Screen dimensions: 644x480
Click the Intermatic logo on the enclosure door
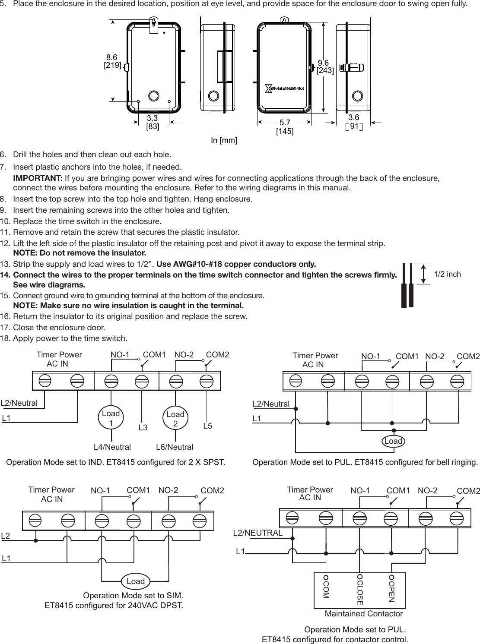(x=284, y=88)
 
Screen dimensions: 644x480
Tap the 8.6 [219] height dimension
(x=112, y=61)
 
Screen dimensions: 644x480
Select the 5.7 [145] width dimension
(x=285, y=126)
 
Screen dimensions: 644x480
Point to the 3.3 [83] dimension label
(x=152, y=122)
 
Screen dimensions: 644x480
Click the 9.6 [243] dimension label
(x=325, y=66)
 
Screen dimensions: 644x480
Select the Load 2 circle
(x=175, y=419)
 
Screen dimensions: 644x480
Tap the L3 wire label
(x=143, y=428)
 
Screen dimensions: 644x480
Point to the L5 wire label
(x=207, y=426)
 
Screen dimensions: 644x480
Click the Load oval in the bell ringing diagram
(x=393, y=441)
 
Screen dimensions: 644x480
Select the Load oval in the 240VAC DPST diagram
(x=136, y=581)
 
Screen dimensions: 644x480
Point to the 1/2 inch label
(x=447, y=274)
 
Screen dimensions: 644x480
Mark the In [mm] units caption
(x=224, y=141)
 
